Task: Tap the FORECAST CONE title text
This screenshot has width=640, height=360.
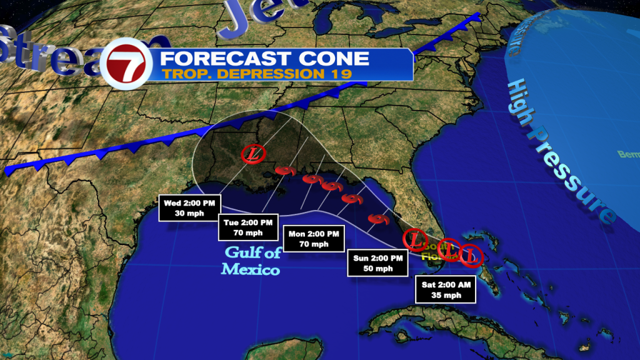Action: pyautogui.click(x=264, y=59)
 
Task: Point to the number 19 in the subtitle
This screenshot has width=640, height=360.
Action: pyautogui.click(x=339, y=74)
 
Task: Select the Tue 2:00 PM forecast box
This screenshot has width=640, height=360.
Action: pyautogui.click(x=249, y=227)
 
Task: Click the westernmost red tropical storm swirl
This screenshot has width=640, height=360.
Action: pyautogui.click(x=284, y=171)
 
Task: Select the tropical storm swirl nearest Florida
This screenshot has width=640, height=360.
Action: pyautogui.click(x=377, y=219)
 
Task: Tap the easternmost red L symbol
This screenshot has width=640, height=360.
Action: pyautogui.click(x=471, y=255)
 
